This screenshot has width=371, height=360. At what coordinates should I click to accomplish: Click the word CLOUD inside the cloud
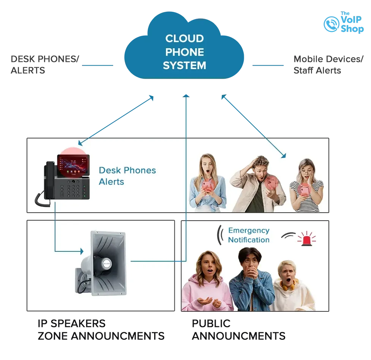pyautogui.click(x=185, y=39)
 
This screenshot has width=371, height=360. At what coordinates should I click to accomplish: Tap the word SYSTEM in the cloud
pyautogui.click(x=185, y=65)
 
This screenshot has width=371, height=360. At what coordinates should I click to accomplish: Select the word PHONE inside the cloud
pyautogui.click(x=185, y=52)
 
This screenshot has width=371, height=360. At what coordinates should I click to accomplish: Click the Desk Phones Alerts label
pyautogui.click(x=127, y=176)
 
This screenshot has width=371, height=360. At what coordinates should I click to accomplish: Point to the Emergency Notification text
pyautogui.click(x=249, y=235)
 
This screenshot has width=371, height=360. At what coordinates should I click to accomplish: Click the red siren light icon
pyautogui.click(x=306, y=239)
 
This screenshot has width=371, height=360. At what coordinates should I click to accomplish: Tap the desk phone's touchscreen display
pyautogui.click(x=72, y=166)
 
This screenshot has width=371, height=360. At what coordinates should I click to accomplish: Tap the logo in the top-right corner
pyautogui.click(x=343, y=23)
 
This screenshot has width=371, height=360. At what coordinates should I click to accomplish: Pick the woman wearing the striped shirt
pyautogui.click(x=306, y=186)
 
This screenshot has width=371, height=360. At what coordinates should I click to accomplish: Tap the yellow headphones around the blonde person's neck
pyautogui.click(x=289, y=284)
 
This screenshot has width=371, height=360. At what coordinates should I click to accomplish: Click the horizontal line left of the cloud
pyautogui.click(x=98, y=65)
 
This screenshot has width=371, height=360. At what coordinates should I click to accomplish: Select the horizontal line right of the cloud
pyautogui.click(x=268, y=65)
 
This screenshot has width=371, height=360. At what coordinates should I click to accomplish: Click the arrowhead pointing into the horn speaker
pyautogui.click(x=81, y=251)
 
